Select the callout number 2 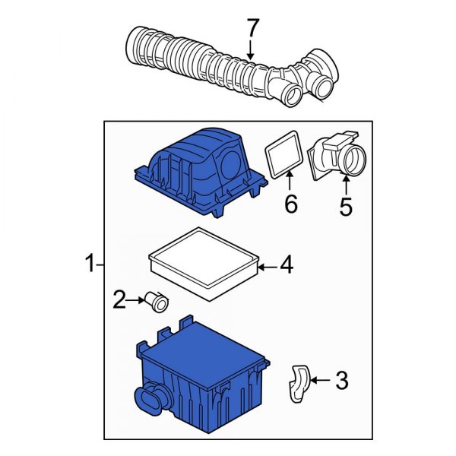coord(119,299)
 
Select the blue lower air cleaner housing coord(201,372)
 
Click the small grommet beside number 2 coord(158,302)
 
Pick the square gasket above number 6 coord(284,156)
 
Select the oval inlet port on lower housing coord(150,401)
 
